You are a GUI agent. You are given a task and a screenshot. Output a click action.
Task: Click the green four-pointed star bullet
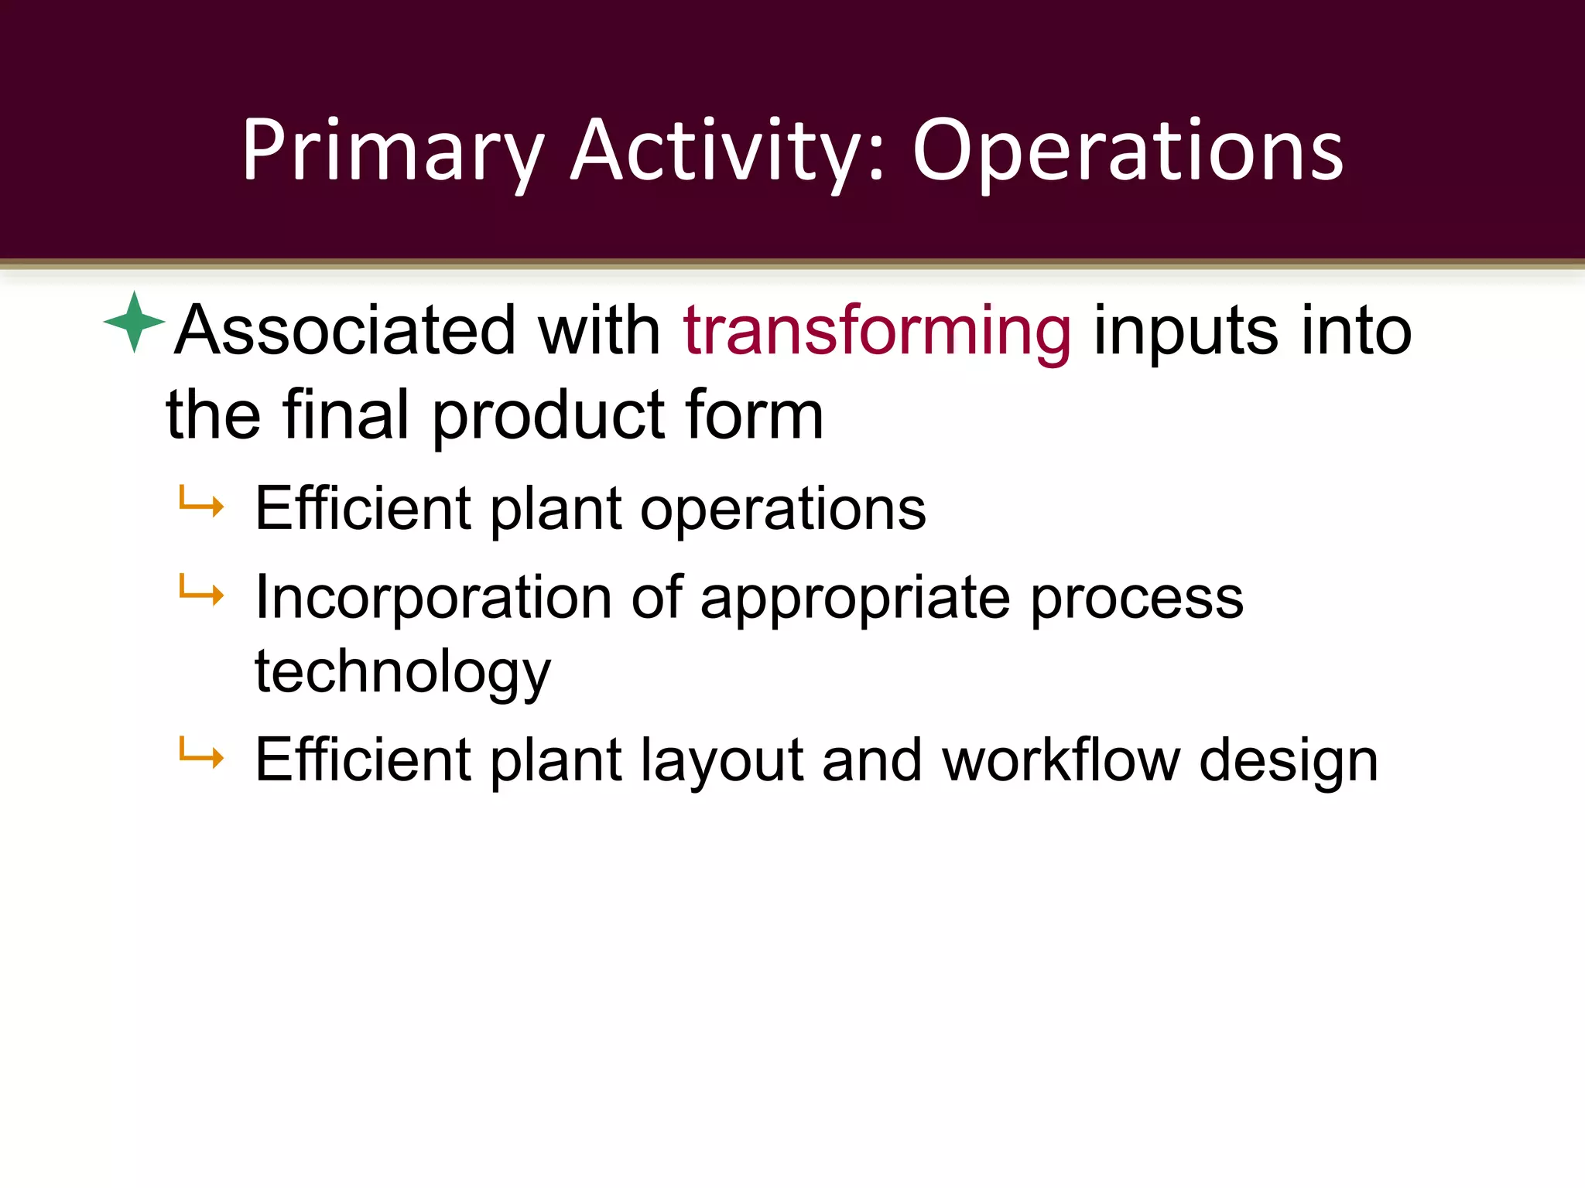pos(134,322)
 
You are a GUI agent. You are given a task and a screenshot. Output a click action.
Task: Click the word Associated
pos(345,331)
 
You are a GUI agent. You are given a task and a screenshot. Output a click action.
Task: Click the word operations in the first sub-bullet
pos(782,510)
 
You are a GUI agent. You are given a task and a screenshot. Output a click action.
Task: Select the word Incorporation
pos(433,599)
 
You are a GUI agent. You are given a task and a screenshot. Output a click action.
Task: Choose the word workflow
pos(1061,760)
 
